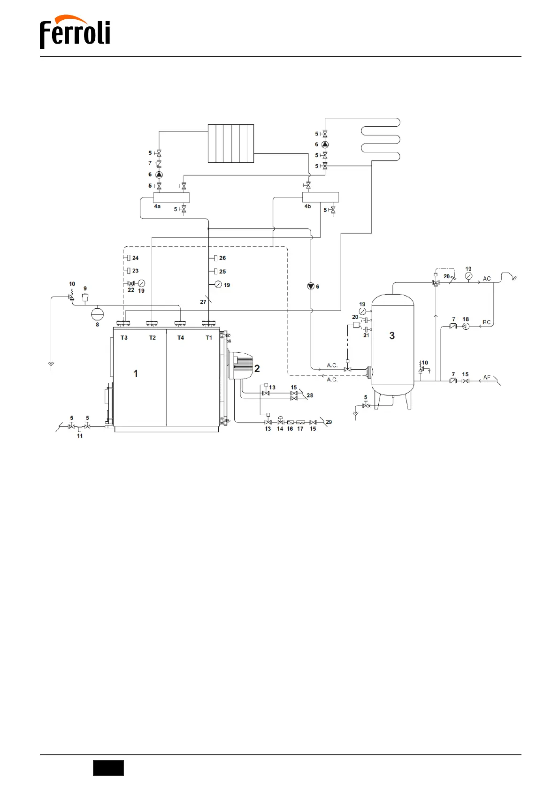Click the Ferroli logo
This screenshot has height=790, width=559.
(75, 32)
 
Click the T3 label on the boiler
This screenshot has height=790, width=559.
(124, 338)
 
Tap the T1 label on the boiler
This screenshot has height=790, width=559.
(209, 338)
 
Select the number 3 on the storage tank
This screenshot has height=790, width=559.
(392, 336)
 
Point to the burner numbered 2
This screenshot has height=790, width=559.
(240, 365)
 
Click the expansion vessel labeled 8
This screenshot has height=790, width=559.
(97, 313)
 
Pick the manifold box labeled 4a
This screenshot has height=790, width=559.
(171, 197)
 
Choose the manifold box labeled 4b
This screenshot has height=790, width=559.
(320, 197)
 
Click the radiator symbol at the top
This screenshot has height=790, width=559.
(231, 144)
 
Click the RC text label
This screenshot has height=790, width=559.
(486, 322)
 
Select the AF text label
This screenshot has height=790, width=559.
(487, 378)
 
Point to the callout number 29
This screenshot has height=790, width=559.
(329, 422)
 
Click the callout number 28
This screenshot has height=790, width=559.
(310, 395)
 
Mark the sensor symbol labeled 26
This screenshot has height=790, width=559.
(215, 258)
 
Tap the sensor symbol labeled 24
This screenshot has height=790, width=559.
(129, 258)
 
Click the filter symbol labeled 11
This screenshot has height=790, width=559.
(79, 429)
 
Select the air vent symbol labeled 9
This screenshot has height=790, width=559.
(85, 297)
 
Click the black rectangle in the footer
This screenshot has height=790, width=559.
(108, 768)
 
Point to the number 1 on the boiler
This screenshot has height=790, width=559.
(136, 374)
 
